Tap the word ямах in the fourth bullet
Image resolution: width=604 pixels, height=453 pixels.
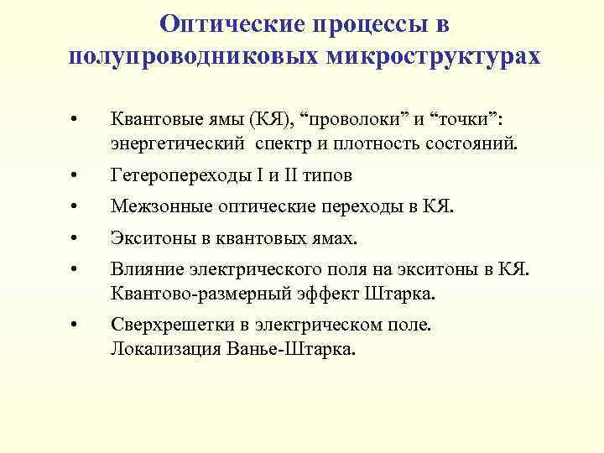[x=336, y=238]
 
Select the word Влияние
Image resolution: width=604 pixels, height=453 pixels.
[x=143, y=270]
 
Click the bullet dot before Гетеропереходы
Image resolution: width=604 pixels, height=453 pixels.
[x=75, y=177]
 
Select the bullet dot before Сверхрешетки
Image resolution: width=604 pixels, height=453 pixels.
[x=75, y=325]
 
